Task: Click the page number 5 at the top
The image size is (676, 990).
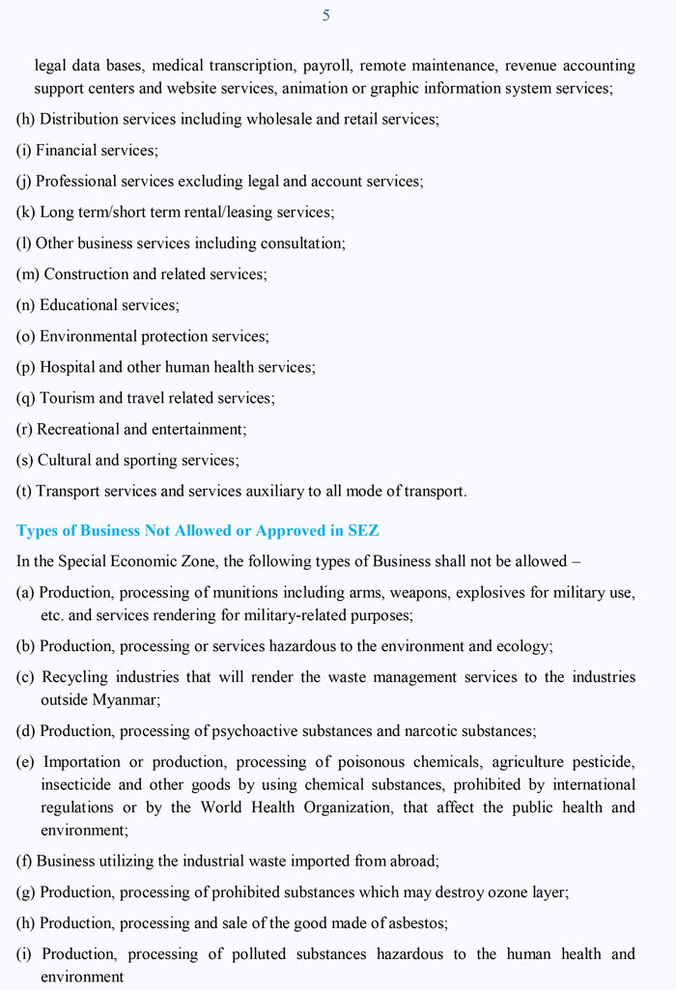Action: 326,15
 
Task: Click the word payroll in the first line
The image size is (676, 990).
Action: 326,66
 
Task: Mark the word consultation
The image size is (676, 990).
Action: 298,243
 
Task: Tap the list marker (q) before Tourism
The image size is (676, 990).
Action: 26,398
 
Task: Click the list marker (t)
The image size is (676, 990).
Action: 24,491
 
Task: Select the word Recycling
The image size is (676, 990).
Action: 77,677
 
